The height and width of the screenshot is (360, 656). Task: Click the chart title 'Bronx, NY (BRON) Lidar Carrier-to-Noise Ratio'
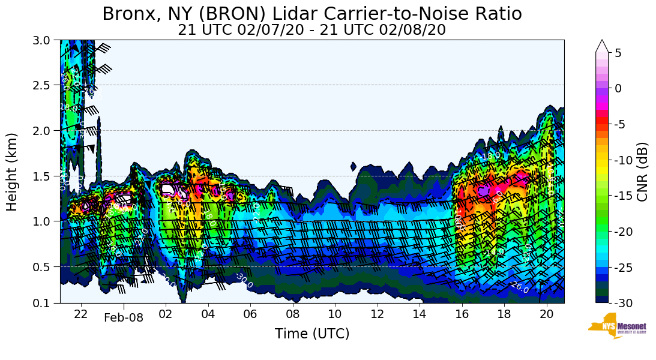(311, 13)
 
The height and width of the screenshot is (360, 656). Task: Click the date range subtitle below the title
(311, 29)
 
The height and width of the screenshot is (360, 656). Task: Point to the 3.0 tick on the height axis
(45, 40)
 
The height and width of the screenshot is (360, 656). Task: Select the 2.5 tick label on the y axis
(45, 85)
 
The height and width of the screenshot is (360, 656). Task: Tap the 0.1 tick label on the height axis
(45, 303)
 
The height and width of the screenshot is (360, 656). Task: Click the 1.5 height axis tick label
(45, 176)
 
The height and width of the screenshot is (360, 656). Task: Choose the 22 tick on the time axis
(81, 313)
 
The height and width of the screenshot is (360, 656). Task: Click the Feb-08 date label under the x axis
(124, 318)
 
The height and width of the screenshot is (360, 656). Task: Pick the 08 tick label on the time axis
(292, 313)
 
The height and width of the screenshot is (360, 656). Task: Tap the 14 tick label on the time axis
(419, 313)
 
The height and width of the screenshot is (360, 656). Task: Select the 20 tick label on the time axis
(546, 313)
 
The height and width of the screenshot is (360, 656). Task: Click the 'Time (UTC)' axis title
(311, 334)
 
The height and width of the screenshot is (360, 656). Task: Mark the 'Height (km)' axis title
(13, 172)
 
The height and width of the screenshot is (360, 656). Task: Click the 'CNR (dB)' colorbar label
(642, 172)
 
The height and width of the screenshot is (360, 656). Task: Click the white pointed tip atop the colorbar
(602, 46)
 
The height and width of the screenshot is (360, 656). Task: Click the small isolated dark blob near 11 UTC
(353, 166)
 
